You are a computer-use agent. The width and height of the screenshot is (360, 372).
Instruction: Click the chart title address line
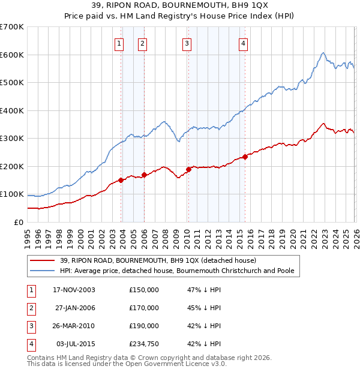[x=180, y=5]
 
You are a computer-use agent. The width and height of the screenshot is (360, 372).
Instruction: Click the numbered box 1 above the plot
[x=119, y=43]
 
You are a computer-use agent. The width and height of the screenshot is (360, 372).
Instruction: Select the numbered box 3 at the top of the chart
[x=187, y=43]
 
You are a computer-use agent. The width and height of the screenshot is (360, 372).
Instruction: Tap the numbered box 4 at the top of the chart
[x=243, y=43]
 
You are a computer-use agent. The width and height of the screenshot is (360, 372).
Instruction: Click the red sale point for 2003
[x=121, y=179]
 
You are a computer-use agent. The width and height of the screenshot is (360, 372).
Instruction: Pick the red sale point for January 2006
[x=145, y=175]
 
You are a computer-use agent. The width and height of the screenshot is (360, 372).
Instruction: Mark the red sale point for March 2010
[x=188, y=169]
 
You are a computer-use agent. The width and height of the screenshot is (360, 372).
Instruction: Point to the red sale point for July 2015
[x=245, y=157]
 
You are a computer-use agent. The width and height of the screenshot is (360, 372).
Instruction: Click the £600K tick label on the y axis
[x=11, y=55]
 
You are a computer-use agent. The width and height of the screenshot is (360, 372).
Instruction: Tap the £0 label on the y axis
[x=19, y=222]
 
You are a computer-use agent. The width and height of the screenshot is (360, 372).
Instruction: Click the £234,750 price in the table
[x=144, y=344]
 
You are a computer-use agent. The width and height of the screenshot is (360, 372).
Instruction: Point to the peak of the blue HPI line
[x=323, y=53]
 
